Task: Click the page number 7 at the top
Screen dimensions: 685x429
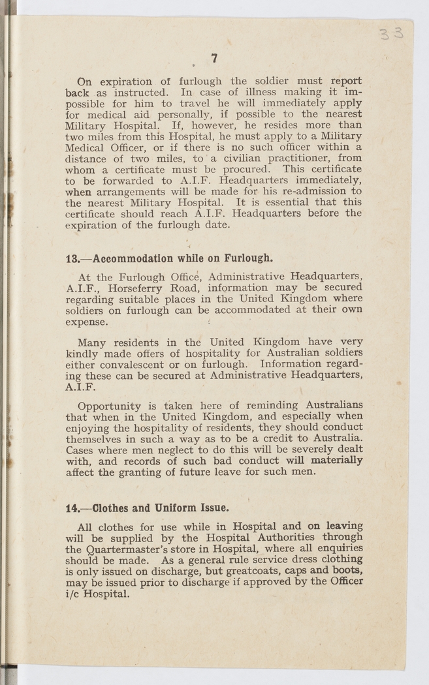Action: [214, 58]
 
